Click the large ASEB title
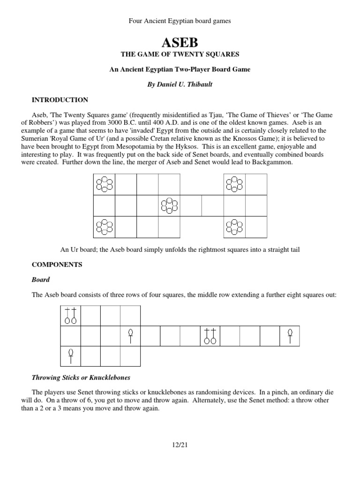tap(180, 43)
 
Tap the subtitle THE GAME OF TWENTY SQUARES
tap(180, 55)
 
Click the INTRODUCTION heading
tap(60, 100)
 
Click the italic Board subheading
tap(40, 279)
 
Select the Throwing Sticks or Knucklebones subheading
tap(81, 377)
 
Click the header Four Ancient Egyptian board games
tap(180, 22)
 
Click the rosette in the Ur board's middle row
tap(169, 205)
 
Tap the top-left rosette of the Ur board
tap(104, 184)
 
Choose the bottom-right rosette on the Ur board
tap(234, 227)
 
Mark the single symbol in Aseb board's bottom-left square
tap(71, 355)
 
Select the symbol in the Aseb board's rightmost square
tap(290, 336)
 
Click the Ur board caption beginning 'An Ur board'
tap(180, 249)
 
